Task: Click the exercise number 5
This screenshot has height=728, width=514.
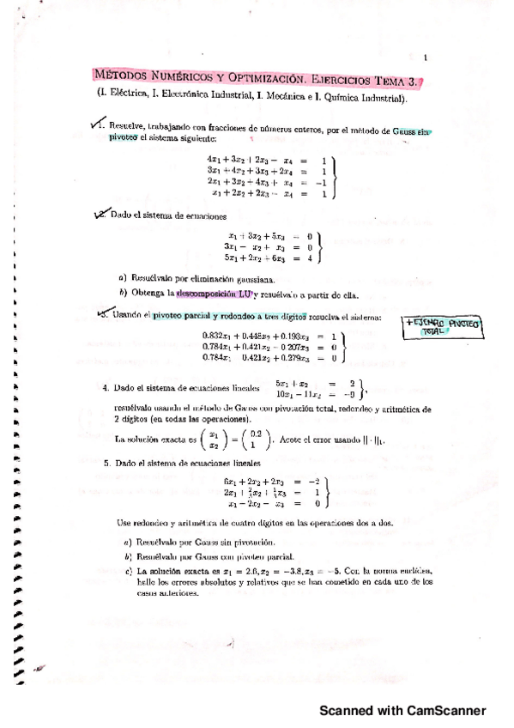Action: (106, 464)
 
